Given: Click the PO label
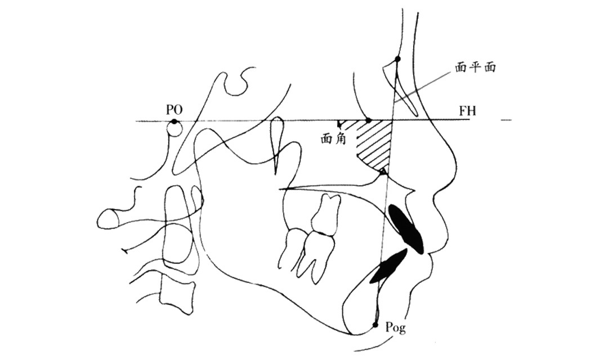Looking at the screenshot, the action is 174,110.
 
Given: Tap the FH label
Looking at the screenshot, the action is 467,111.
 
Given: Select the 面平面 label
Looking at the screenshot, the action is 476,67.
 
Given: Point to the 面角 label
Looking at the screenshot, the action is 333,139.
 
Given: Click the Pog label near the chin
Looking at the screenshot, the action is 396,328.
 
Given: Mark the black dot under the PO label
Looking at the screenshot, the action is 175,121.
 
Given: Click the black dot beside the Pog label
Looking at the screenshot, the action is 375,325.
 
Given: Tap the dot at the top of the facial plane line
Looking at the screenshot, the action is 397,59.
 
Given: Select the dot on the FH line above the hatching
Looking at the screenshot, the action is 368,120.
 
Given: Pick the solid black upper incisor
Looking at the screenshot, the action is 406,228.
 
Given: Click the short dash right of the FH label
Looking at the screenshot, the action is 506,120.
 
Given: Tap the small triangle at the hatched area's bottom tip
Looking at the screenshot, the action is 383,171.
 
